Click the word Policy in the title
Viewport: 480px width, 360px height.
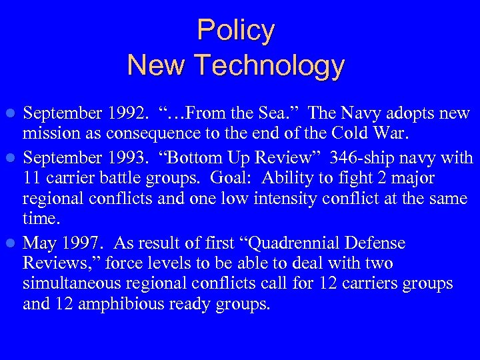[235, 31]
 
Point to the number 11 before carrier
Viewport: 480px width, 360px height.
[32, 179]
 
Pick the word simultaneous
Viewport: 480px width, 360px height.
[77, 283]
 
